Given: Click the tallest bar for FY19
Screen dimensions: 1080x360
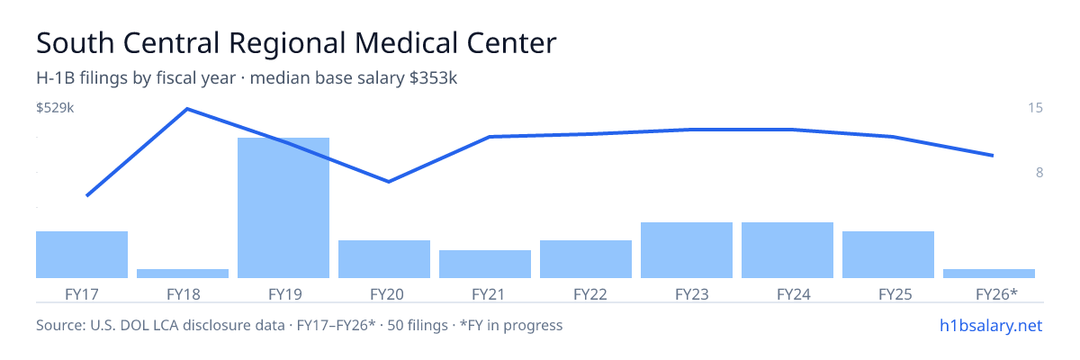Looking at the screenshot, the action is (x=283, y=208).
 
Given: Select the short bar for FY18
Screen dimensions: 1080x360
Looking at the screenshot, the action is (x=183, y=274).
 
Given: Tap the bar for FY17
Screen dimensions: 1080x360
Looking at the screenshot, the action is (x=82, y=255).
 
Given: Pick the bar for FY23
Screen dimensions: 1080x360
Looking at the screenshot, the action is (x=687, y=250).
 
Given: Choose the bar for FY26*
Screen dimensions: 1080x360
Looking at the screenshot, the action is (x=989, y=274).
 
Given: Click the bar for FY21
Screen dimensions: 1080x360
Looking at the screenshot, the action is (x=485, y=264).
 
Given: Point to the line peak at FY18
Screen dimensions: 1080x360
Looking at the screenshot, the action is (x=187, y=109).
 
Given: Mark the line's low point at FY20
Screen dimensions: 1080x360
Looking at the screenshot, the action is (x=389, y=182).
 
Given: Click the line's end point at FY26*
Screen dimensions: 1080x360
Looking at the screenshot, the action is (x=993, y=155).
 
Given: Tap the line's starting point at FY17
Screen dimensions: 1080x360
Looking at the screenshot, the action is (x=86, y=195).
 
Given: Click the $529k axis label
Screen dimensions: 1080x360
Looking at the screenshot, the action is (x=55, y=108).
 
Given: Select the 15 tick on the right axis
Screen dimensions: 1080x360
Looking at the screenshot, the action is (x=1035, y=108).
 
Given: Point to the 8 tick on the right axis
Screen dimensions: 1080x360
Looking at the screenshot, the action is (x=1039, y=173).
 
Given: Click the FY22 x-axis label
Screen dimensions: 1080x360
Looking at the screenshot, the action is (x=590, y=294).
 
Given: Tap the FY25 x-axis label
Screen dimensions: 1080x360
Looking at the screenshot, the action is (x=895, y=294).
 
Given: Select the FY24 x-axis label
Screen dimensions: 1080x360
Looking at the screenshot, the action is (x=794, y=294).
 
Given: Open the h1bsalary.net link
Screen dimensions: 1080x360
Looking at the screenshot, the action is (x=991, y=326).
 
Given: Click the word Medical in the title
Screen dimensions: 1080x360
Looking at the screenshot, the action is (x=406, y=43).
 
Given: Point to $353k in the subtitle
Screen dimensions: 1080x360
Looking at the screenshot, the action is (x=433, y=78).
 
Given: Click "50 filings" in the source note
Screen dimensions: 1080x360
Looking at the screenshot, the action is (x=418, y=326).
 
